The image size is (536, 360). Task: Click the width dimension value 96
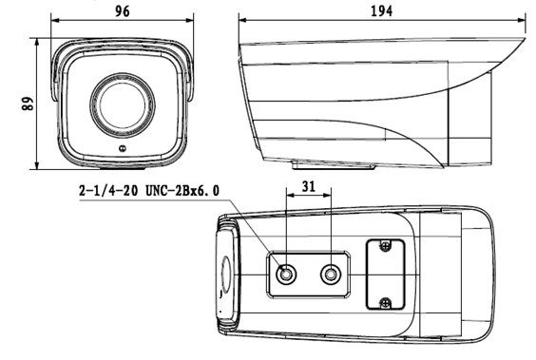tap(122, 11)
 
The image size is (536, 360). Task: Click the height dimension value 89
tap(28, 104)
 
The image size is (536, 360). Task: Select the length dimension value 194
tap(382, 11)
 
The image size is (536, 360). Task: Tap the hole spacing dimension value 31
tap(309, 186)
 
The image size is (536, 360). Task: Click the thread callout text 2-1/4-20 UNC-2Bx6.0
tap(149, 191)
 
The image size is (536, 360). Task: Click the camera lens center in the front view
tap(123, 104)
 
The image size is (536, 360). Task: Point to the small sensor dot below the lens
tap(123, 148)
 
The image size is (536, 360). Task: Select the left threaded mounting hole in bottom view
tap(285, 275)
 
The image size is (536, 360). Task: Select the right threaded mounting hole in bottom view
tap(331, 275)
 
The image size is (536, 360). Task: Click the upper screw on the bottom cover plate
tap(385, 245)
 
